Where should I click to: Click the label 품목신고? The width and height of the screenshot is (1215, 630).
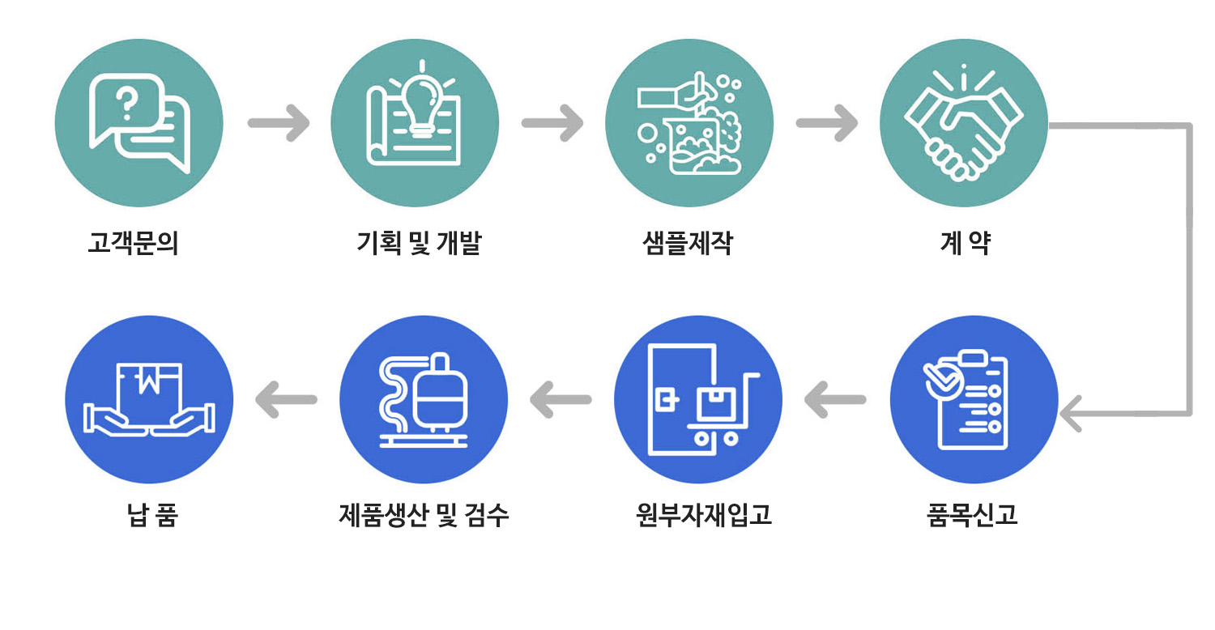pos(972,515)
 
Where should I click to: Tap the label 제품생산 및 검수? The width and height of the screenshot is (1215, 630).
pos(424,515)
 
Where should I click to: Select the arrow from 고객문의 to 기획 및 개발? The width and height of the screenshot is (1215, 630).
pos(278,124)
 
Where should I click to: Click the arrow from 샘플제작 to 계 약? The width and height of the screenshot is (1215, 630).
pos(827,124)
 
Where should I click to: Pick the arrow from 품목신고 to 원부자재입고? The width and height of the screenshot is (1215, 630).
pos(835,399)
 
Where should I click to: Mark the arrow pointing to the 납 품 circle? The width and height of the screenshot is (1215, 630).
pos(286,399)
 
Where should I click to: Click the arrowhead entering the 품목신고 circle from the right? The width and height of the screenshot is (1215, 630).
pos(1072,414)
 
